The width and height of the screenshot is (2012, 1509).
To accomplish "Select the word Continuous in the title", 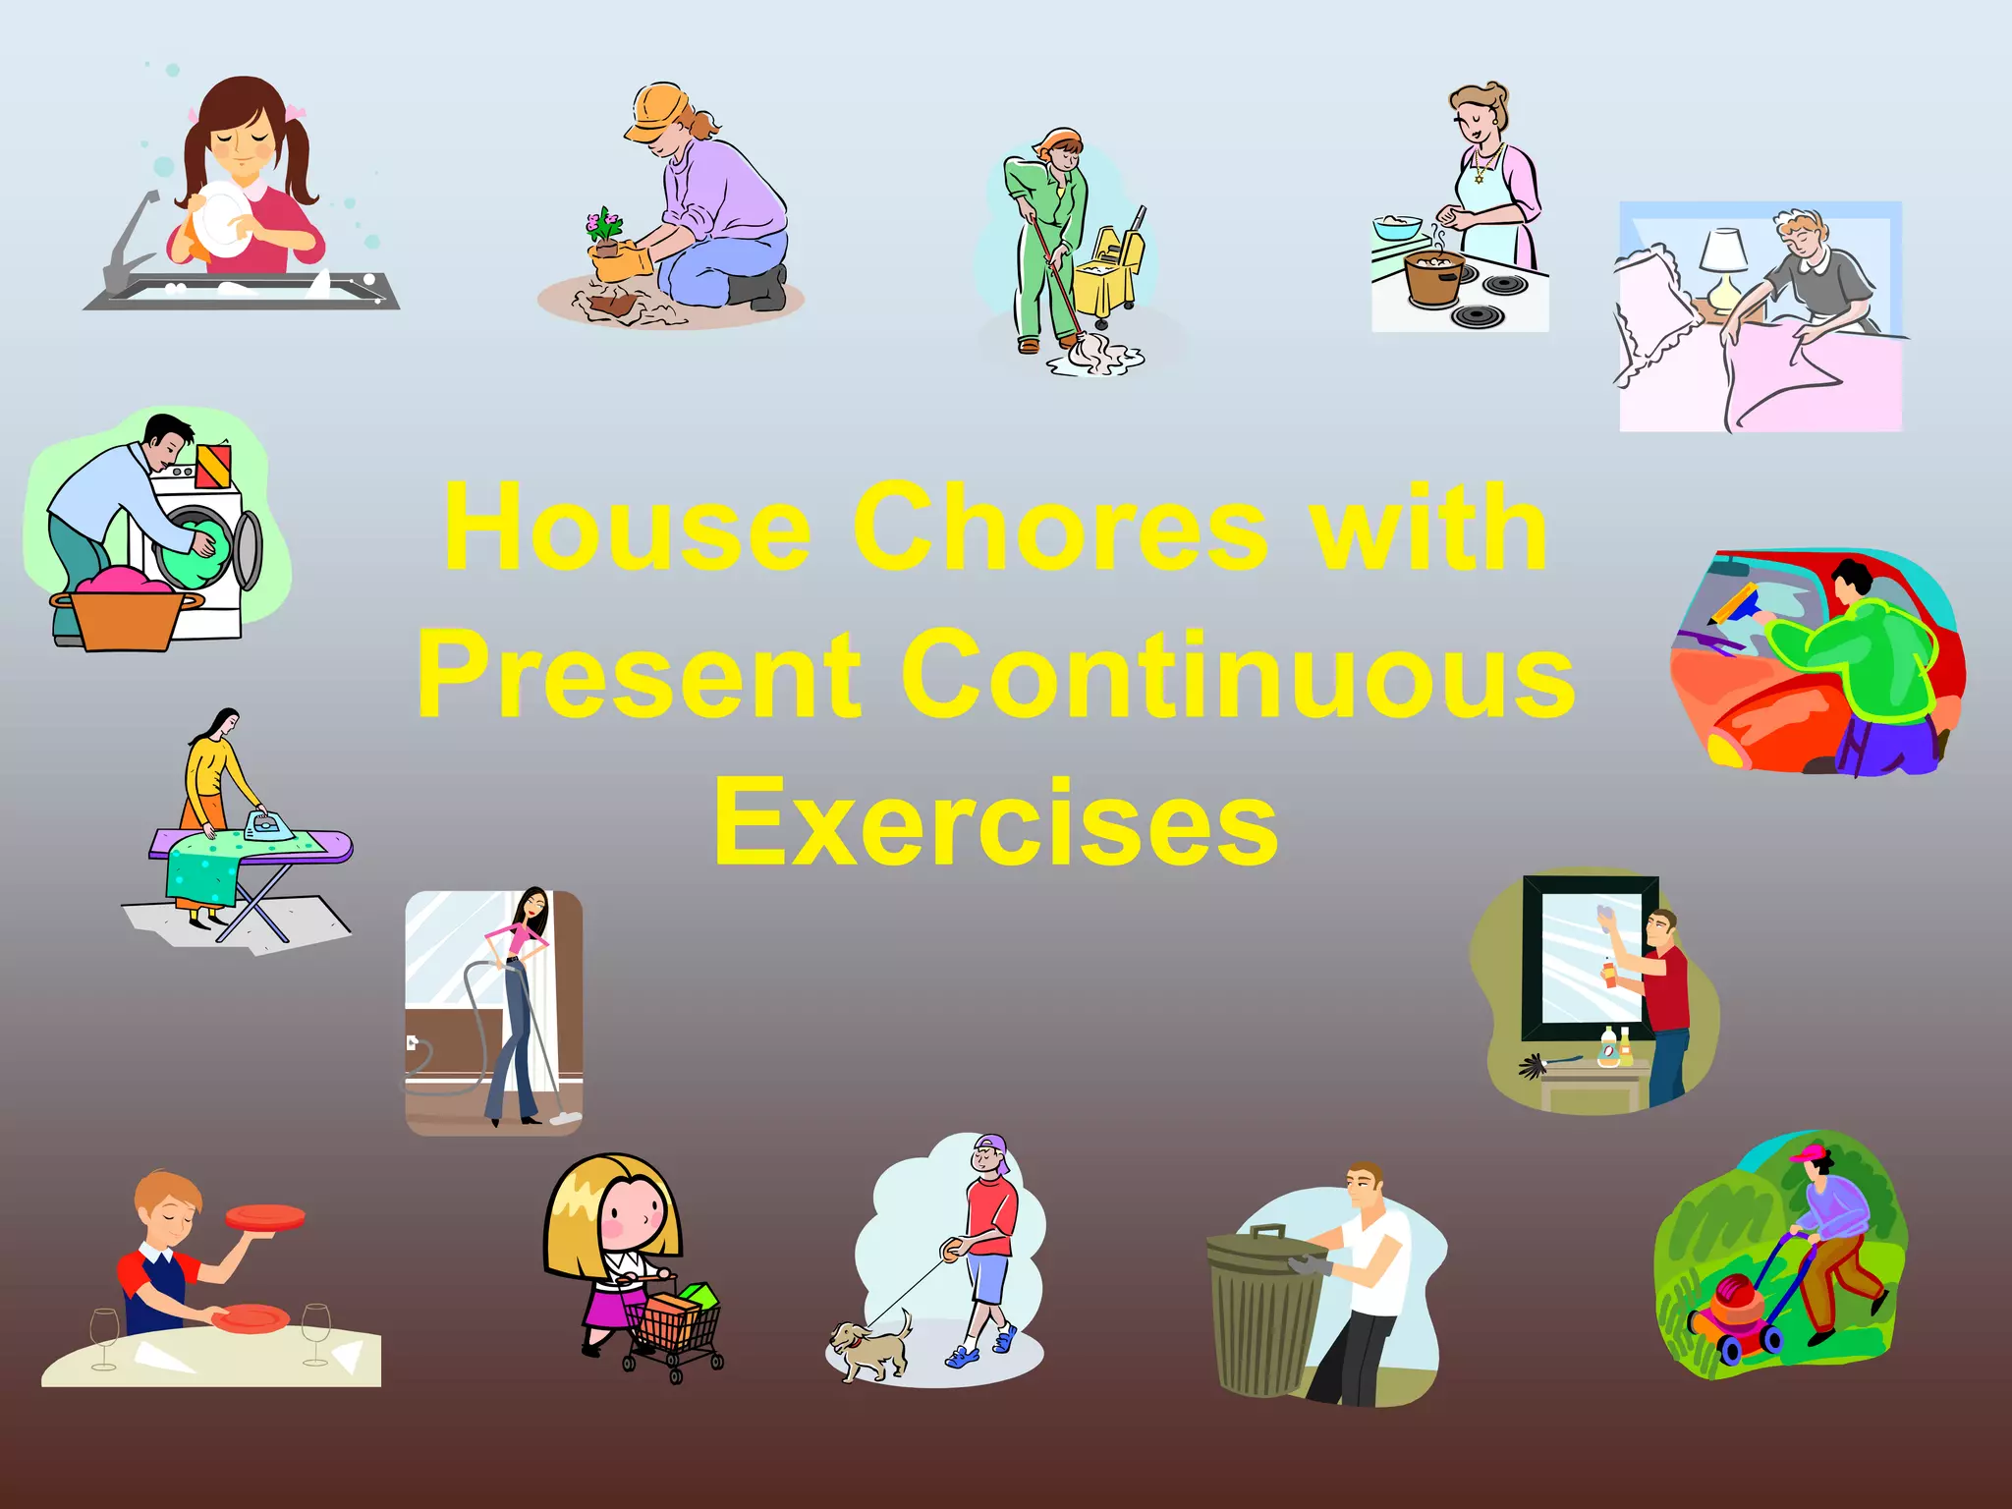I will (x=1238, y=675).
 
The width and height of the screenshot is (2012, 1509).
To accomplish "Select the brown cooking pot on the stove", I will (x=1433, y=277).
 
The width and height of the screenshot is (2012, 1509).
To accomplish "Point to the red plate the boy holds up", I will (x=265, y=1217).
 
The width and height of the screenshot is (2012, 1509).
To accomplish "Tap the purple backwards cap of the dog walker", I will (x=993, y=1148).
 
